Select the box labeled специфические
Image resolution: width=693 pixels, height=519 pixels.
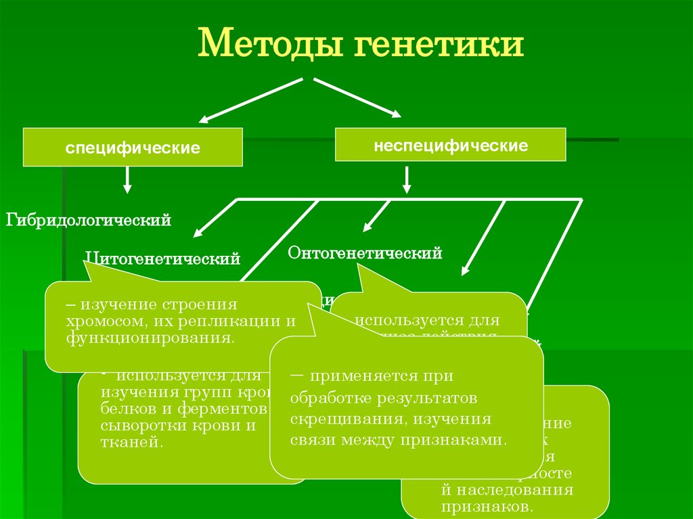pyautogui.click(x=133, y=147)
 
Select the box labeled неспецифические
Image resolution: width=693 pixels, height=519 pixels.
pyautogui.click(x=451, y=145)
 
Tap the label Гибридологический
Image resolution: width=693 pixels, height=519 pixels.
pyautogui.click(x=89, y=220)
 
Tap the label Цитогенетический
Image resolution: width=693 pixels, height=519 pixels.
pyautogui.click(x=162, y=258)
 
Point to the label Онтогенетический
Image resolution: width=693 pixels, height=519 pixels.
pyautogui.click(x=365, y=254)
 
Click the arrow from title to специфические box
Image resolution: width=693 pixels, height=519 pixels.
pyautogui.click(x=250, y=100)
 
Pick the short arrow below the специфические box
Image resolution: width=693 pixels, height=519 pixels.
pyautogui.click(x=127, y=181)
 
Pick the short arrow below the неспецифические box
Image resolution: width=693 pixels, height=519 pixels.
pyautogui.click(x=407, y=180)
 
